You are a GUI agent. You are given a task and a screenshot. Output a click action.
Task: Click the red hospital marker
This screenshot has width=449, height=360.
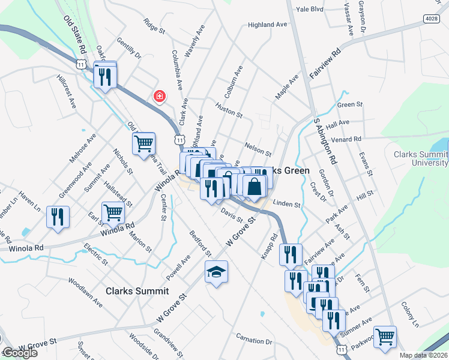[x=160, y=96]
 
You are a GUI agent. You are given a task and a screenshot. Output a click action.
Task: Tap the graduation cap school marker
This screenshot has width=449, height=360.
[x=216, y=273]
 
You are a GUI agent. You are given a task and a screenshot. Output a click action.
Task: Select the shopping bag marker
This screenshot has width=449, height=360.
[x=255, y=187]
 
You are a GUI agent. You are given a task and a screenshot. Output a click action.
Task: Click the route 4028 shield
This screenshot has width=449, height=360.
[x=431, y=19]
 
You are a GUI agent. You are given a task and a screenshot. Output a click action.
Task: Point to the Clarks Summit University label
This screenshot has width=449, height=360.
[x=421, y=158]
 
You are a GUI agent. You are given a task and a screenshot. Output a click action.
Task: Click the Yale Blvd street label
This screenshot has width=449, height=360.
[x=310, y=9]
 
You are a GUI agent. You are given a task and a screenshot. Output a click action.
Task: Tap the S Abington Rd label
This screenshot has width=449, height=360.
[x=324, y=142]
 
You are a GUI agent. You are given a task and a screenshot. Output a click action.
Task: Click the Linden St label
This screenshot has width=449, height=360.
[x=286, y=204]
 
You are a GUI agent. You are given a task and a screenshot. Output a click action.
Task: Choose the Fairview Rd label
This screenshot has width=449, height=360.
[x=325, y=63]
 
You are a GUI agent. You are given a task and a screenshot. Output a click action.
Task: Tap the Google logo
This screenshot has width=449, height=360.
[x=19, y=353]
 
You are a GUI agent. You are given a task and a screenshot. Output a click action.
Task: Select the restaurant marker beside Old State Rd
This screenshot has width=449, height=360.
[x=105, y=76]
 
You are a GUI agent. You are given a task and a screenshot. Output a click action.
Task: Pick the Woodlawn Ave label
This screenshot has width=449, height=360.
[x=85, y=292]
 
